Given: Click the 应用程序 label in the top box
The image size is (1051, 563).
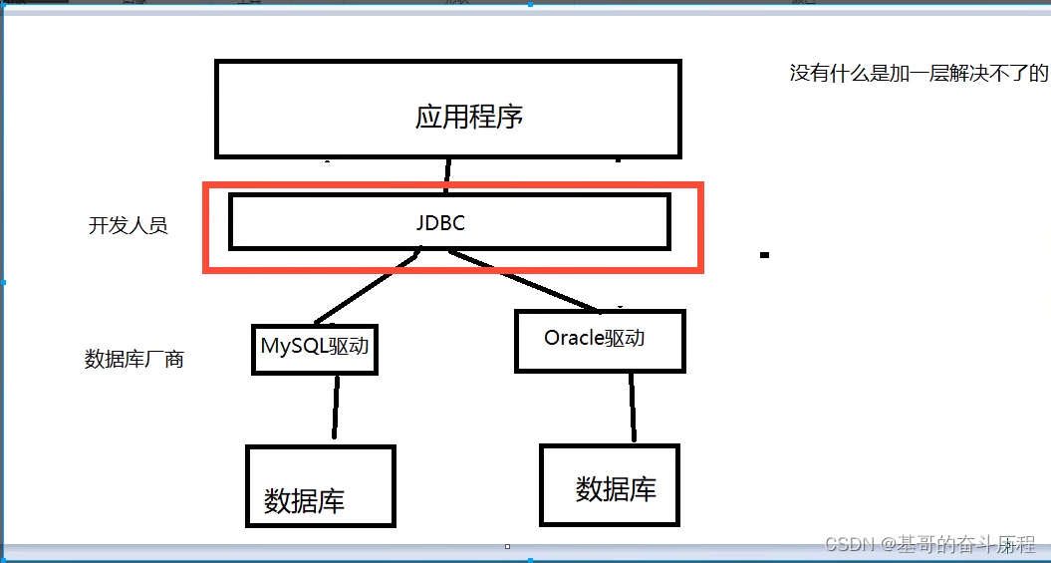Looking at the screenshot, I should pos(469,117).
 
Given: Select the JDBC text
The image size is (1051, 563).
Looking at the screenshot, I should pos(440,223).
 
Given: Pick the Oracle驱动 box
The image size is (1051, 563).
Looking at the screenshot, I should pos(599,341).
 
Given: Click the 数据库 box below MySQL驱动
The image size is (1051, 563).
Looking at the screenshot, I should pos(320,486).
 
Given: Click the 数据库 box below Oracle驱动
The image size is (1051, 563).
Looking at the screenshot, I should pos(609,485).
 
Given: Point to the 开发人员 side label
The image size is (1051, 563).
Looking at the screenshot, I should pos(129,225).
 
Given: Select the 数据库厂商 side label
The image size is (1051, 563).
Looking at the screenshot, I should pos(134,360).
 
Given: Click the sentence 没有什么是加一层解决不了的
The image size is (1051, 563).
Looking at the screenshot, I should pos(919,73).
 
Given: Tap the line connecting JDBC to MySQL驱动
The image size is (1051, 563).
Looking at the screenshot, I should pos(365,288).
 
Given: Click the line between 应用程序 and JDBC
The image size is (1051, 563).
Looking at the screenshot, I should pos(447,174).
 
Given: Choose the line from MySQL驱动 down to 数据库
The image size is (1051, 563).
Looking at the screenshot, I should pos(336,408).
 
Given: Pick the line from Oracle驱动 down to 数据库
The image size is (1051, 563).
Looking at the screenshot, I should pos(632,407).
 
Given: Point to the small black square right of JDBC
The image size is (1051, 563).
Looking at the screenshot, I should pos(764,255).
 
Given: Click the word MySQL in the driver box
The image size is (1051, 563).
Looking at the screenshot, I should pos(289,346).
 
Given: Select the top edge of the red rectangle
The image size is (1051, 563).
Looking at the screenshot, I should pos(453,185).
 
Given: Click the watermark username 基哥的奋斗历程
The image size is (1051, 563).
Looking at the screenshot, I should pos(966,544).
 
